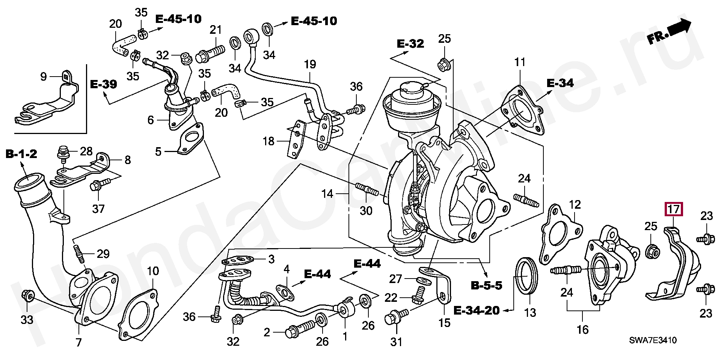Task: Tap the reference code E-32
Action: click(410, 44)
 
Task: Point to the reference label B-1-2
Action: click(21, 154)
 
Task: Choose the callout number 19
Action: click(310, 64)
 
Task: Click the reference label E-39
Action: click(104, 84)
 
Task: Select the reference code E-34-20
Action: click(477, 310)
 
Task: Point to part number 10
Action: click(153, 271)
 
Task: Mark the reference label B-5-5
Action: click(486, 286)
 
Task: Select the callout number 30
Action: click(366, 211)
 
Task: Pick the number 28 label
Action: click(86, 152)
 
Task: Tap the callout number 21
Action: click(216, 29)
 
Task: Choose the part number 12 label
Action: click(575, 205)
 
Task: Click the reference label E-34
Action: click(560, 83)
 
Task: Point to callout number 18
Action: click(268, 142)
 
